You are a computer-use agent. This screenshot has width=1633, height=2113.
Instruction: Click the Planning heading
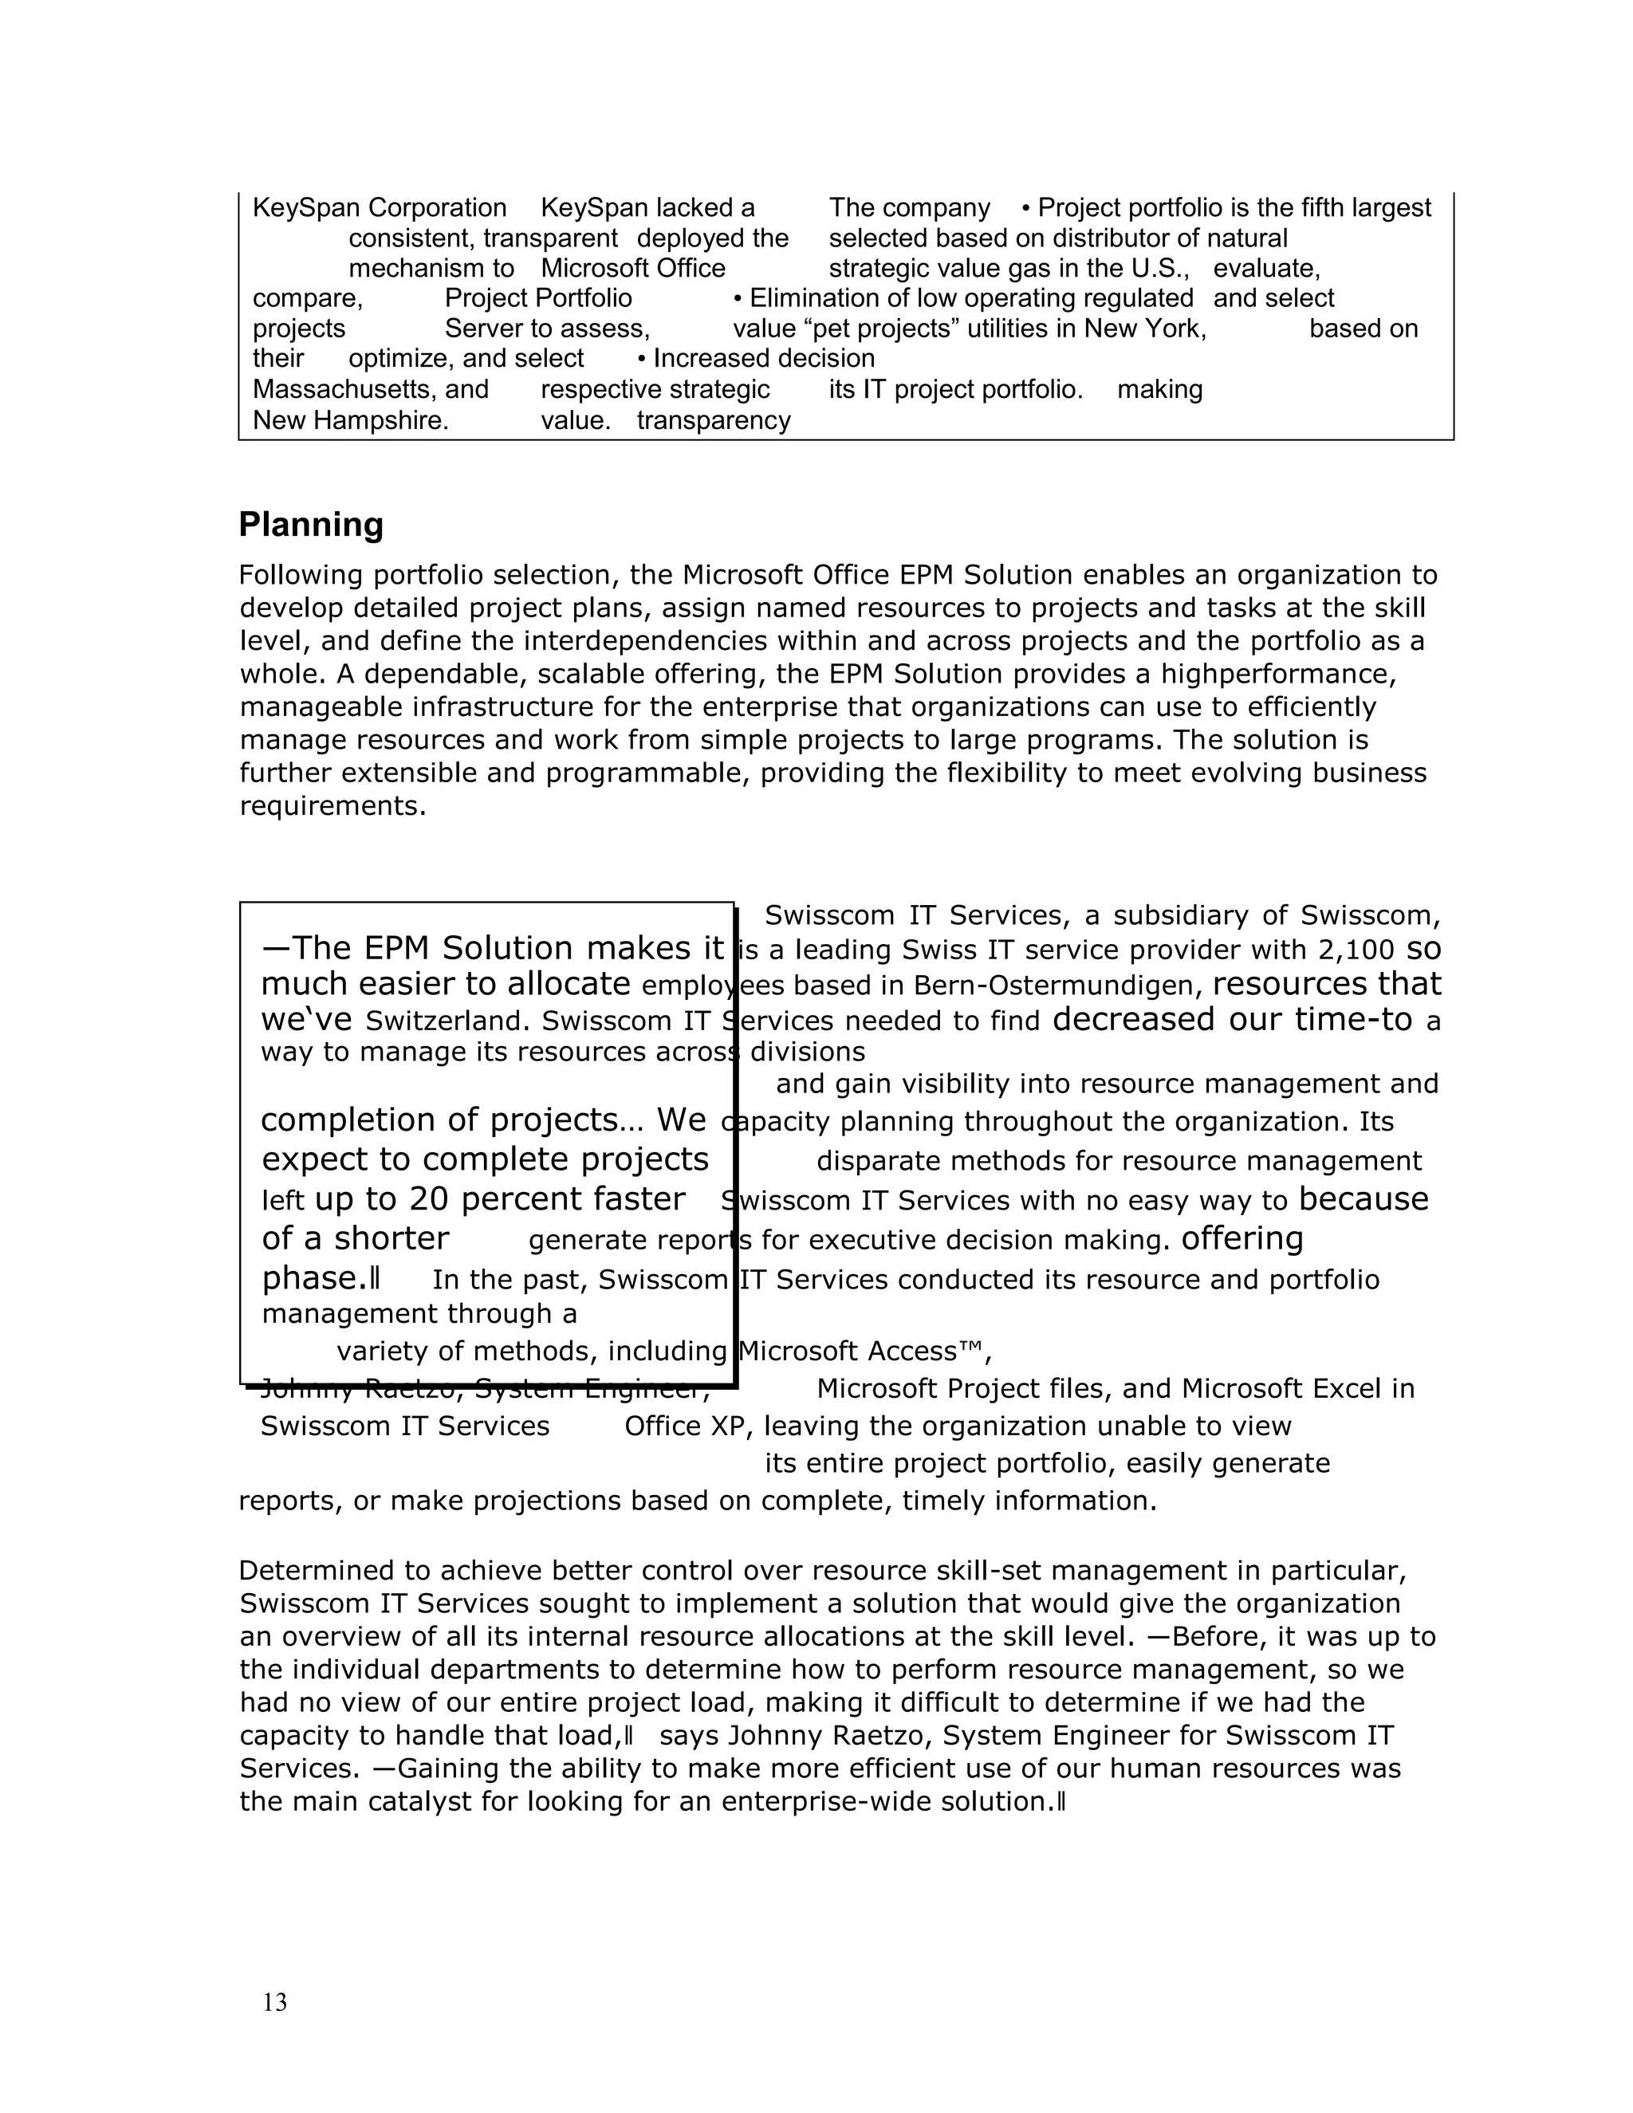point(310,525)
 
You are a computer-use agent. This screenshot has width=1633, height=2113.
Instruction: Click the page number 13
point(275,2001)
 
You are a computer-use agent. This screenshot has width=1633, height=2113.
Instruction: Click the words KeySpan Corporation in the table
point(380,208)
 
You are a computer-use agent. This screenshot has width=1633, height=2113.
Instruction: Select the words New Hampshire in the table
point(350,421)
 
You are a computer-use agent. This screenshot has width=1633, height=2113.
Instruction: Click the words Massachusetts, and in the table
point(371,390)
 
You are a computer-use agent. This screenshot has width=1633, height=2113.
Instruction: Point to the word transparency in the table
point(713,421)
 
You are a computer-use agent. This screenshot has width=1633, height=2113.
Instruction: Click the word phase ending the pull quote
point(313,1278)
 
